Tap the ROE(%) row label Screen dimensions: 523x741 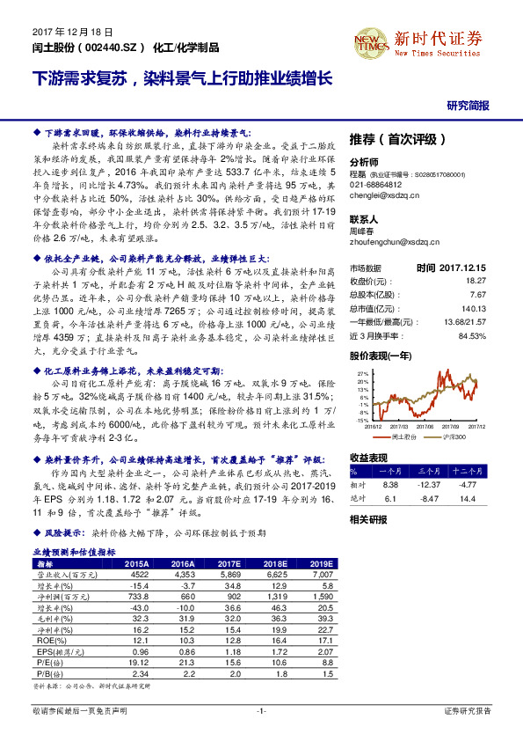[47, 642]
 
